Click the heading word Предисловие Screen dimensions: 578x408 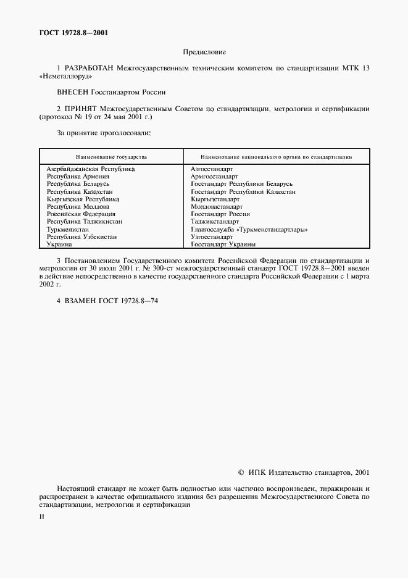point(204,53)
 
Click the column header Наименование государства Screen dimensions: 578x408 point(112,157)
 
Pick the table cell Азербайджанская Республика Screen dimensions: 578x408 point(91,169)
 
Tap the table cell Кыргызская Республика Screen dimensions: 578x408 point(83,199)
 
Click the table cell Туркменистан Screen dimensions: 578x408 point(68,229)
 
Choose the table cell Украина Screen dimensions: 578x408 point(60,245)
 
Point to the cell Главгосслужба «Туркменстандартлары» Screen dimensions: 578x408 point(249,229)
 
